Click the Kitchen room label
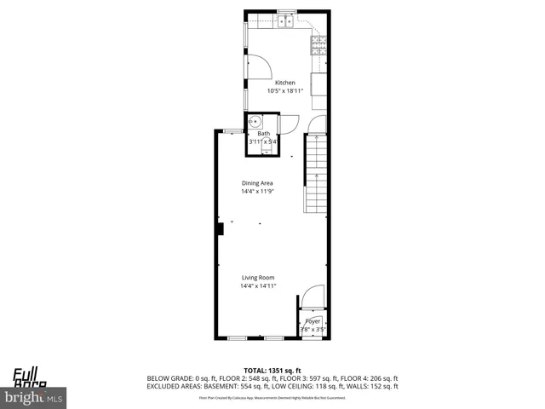(x=284, y=83)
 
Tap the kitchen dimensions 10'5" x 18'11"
(x=284, y=91)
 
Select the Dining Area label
(x=257, y=183)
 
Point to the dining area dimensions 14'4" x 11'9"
(x=257, y=192)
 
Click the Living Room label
(x=257, y=278)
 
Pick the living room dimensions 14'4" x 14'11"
(x=257, y=286)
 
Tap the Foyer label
(x=313, y=321)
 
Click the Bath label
(x=264, y=134)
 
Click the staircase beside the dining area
(x=315, y=175)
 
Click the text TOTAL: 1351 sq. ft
(x=272, y=370)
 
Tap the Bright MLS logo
(x=34, y=397)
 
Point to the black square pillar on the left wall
(x=219, y=228)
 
